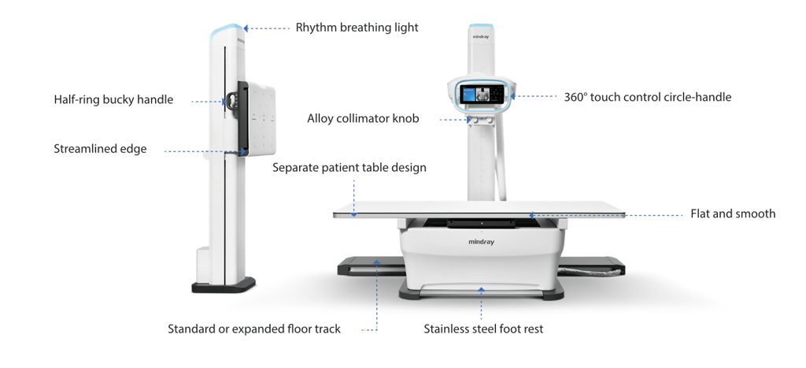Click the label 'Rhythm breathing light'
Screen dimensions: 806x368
click(x=357, y=28)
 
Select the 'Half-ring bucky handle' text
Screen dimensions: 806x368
click(x=113, y=100)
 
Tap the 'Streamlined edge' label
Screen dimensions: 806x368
click(x=100, y=149)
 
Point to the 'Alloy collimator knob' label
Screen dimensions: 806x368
click(x=363, y=119)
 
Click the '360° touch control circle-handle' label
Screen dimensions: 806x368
click(x=647, y=98)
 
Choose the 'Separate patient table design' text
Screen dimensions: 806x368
click(x=349, y=168)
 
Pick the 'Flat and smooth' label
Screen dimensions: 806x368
click(x=732, y=214)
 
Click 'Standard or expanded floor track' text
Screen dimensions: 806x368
click(x=254, y=329)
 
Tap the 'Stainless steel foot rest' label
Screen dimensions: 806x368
click(x=483, y=329)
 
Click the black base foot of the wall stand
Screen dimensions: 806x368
click(x=223, y=284)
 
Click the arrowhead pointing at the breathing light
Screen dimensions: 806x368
click(x=246, y=28)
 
